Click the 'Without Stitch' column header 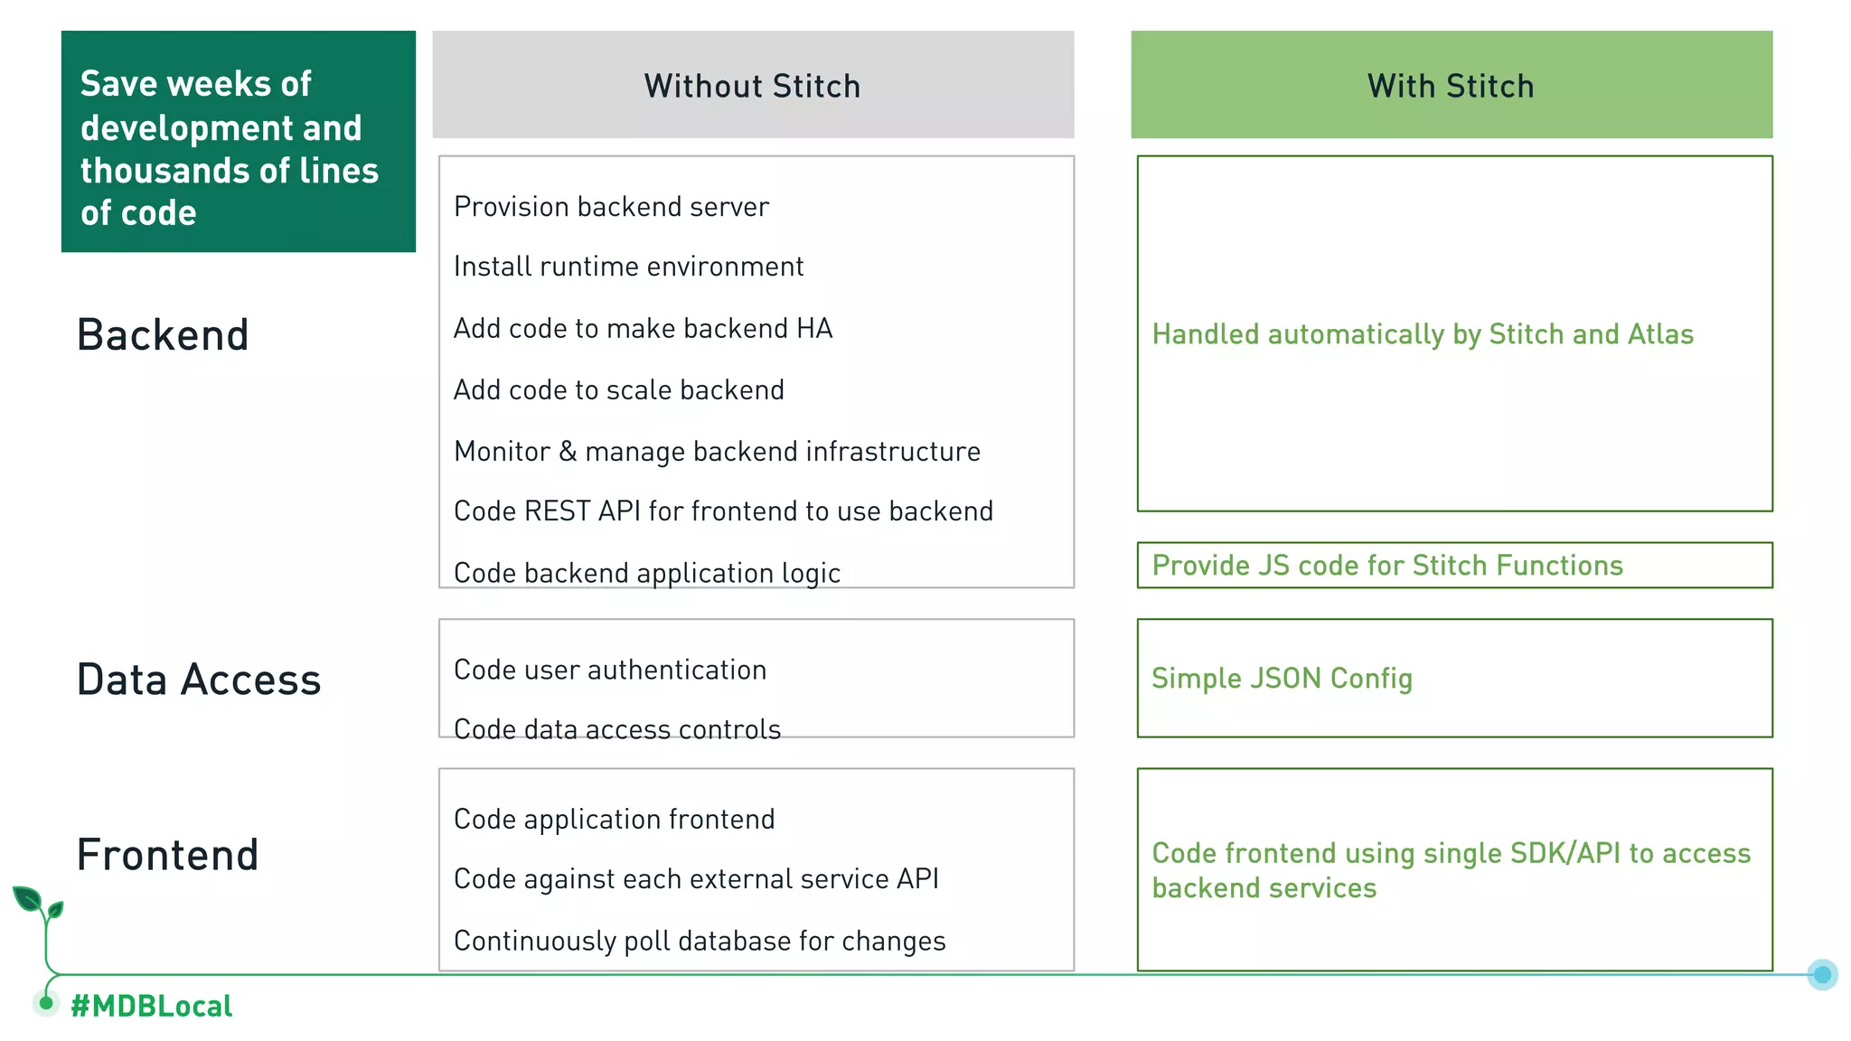point(752,86)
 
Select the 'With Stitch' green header point(1451,86)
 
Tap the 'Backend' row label point(163,335)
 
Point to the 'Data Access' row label point(199,680)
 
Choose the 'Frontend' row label point(168,855)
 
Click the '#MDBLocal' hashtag point(152,1006)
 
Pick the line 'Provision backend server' point(611,207)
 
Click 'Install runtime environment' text point(628,267)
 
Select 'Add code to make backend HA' point(643,328)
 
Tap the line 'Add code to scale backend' point(619,389)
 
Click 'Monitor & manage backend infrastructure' point(717,451)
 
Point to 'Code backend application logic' point(647,573)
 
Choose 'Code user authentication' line point(610,670)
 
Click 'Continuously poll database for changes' point(700,941)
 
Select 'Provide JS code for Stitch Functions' point(1387,566)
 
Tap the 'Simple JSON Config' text point(1282,679)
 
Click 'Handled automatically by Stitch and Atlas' point(1423,334)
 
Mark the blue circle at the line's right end point(1822,974)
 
